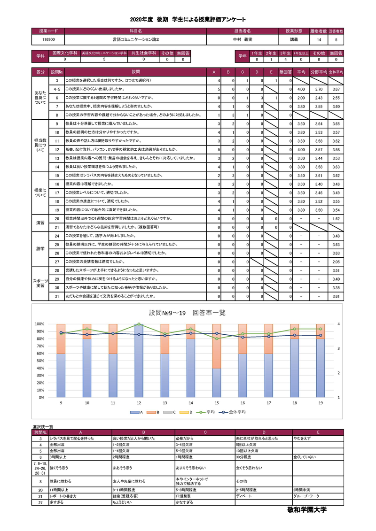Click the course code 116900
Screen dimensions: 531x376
48,40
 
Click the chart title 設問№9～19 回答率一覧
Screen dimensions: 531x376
187,313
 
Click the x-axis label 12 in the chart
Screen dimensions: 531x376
139,403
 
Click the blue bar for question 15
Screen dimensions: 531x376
217,383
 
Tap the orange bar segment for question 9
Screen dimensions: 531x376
61,339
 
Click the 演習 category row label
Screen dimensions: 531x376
40,223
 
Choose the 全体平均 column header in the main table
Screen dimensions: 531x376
336,72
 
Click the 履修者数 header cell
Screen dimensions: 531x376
319,31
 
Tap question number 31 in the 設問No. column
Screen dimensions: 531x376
56,297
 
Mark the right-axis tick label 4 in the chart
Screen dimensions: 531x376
338,324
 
